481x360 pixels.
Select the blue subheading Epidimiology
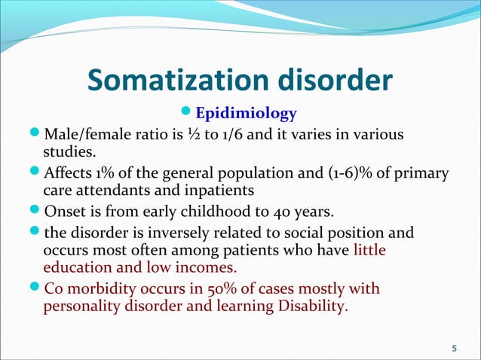tap(246, 114)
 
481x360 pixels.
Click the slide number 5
tap(453, 348)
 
